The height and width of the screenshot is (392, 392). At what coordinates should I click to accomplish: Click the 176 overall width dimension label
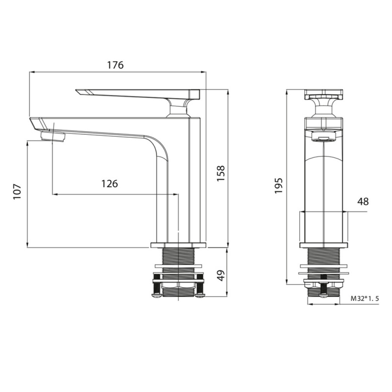click(x=115, y=65)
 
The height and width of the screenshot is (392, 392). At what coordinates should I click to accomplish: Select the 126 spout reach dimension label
click(x=109, y=184)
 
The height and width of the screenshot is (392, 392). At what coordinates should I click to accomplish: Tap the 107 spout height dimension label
click(x=17, y=192)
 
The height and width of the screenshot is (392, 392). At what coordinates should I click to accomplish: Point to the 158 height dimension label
click(x=221, y=173)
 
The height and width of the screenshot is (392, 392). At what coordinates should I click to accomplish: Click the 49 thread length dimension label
click(x=221, y=276)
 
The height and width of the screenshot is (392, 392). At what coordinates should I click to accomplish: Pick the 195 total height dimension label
click(x=278, y=185)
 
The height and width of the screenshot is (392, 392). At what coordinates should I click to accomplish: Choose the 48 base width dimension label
click(x=363, y=201)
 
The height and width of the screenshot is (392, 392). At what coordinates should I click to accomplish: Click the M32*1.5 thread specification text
click(x=365, y=298)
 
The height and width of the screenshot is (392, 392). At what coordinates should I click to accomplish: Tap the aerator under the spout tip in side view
click(x=53, y=137)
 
